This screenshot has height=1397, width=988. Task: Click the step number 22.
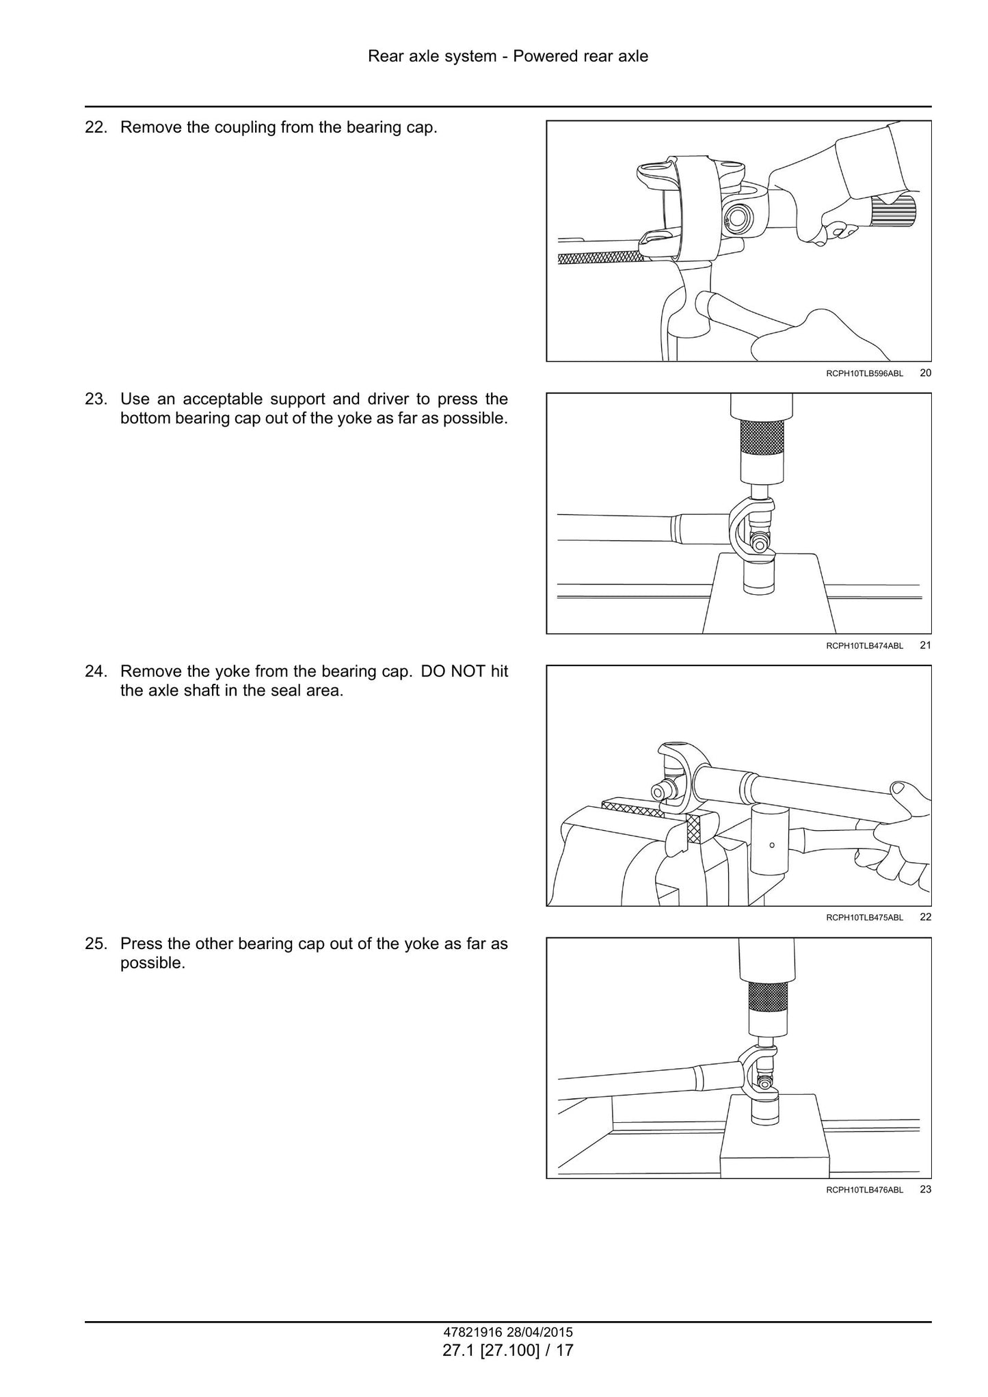coord(96,128)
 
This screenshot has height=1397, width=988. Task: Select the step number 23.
coord(96,399)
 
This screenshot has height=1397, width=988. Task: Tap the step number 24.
coord(96,671)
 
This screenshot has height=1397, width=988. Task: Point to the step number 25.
coord(96,944)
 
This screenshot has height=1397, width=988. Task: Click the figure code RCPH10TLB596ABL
coord(864,373)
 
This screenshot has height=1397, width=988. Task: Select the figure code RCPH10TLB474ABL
coord(864,646)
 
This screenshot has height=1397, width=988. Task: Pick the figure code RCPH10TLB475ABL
coord(864,918)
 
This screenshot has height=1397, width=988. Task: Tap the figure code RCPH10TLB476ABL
coord(864,1190)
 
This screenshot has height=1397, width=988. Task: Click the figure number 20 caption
coord(926,373)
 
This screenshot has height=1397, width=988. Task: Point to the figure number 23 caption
coord(926,1189)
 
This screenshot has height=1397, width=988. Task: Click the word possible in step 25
coord(152,964)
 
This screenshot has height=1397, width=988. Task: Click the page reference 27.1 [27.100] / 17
coord(508,1351)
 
